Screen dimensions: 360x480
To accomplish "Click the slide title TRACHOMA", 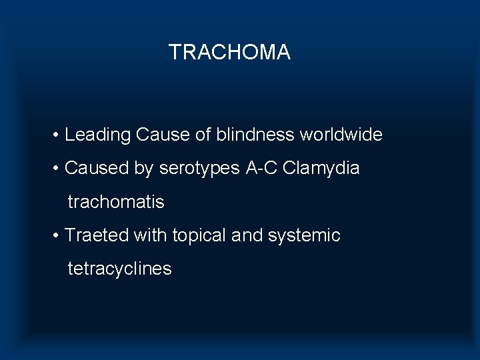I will click(229, 52).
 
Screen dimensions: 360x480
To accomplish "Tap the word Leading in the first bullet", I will click(98, 135).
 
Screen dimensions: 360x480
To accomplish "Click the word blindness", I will click(255, 135).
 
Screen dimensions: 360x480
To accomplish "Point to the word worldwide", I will click(341, 135).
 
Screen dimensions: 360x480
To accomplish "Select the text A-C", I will click(261, 169).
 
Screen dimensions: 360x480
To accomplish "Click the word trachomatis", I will click(116, 202).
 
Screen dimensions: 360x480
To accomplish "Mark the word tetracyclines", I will click(119, 269).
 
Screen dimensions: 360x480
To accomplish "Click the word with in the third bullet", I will click(151, 235).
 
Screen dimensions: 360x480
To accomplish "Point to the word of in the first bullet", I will click(203, 135).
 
